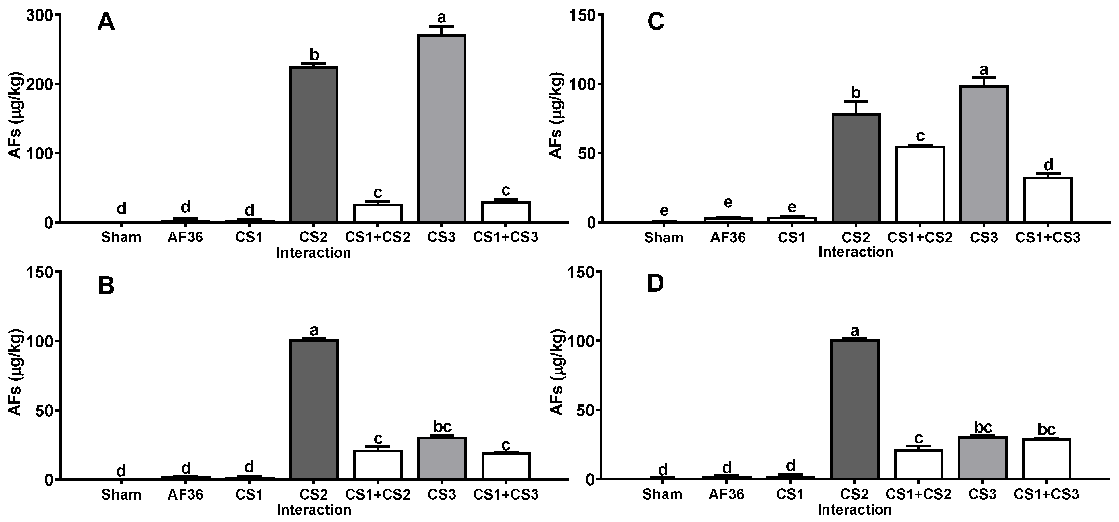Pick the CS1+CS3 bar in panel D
coord(1047,459)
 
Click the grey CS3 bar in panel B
coord(441,458)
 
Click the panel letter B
coord(106,287)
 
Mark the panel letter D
coord(655,284)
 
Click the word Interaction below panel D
coord(854,510)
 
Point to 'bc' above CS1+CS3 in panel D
coord(1047,429)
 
